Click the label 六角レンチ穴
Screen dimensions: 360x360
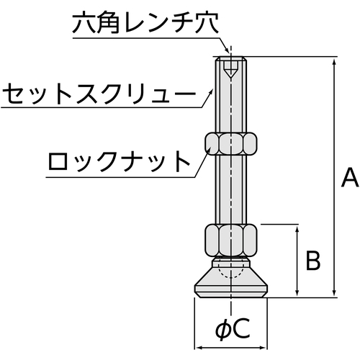(145, 22)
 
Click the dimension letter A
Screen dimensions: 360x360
(350, 178)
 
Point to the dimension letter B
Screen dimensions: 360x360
(313, 261)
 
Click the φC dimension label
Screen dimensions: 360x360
(233, 329)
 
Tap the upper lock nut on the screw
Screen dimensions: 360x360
(230, 144)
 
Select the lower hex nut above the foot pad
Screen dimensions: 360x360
(230, 240)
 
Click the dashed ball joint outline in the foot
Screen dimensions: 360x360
(230, 269)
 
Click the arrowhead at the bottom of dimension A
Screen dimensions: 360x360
(334, 293)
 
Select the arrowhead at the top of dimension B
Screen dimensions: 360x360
(297, 229)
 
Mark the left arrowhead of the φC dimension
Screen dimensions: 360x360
(198, 348)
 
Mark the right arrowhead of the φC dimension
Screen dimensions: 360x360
(264, 348)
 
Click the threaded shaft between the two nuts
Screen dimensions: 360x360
(230, 189)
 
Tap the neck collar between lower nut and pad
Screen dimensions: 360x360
(230, 262)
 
